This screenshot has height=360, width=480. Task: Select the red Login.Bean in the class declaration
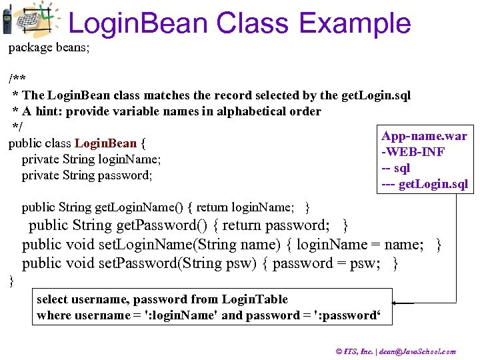coord(105,143)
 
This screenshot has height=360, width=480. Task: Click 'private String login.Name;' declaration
coord(92,159)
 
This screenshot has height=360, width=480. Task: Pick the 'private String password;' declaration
coord(87,175)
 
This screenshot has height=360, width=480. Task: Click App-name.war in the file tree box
coord(424,137)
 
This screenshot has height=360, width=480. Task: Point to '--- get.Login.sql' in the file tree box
coord(425,184)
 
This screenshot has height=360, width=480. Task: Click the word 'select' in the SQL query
coord(52,299)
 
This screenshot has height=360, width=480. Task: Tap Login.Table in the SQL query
coord(255,299)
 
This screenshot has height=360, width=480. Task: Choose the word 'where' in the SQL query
coord(51,315)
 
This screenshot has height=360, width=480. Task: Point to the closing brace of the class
coord(11,281)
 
